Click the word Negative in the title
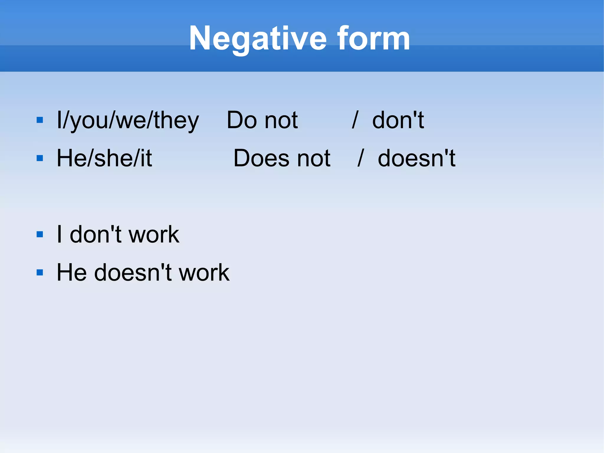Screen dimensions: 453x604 [x=257, y=39]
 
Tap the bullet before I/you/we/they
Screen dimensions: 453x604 [x=40, y=120]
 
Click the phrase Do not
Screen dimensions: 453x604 [x=262, y=120]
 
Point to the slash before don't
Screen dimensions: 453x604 [x=355, y=120]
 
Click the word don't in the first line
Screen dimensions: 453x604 [x=398, y=120]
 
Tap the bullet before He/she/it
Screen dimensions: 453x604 [x=40, y=158]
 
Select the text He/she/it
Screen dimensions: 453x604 [x=104, y=158]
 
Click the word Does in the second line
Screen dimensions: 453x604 [x=261, y=158]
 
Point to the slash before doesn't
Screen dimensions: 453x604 [x=361, y=158]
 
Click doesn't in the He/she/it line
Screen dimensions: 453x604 [x=416, y=158]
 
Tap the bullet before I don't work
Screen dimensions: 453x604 [x=40, y=235]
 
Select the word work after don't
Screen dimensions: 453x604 [x=154, y=235]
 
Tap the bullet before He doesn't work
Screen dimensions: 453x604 [x=40, y=272]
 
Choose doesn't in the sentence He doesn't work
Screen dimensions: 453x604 [x=133, y=272]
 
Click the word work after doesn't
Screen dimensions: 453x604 [x=204, y=272]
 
